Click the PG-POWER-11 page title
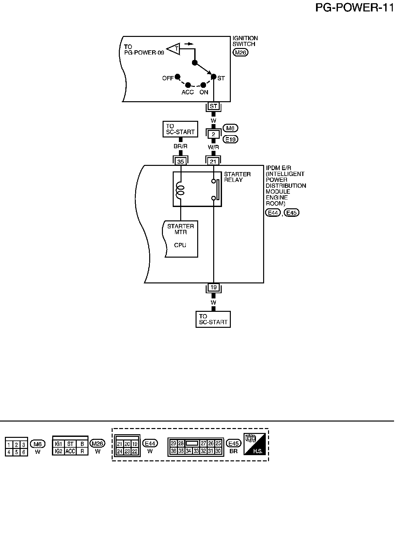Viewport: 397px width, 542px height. pos(355,8)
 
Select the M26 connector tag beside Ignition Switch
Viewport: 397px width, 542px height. pos(241,53)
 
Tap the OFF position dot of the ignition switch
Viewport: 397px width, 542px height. pos(178,77)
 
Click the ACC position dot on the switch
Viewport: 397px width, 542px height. pos(188,85)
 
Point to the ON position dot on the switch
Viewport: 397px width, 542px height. pos(203,85)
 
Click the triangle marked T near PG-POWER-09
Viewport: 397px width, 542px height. pos(174,49)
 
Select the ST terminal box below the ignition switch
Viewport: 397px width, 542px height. pos(214,106)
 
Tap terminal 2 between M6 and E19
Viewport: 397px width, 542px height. pos(214,134)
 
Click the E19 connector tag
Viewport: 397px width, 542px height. pos(230,139)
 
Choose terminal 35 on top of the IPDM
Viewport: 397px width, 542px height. pos(181,162)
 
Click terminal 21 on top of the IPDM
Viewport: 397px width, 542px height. pos(213,162)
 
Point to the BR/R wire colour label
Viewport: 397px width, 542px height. pos(181,146)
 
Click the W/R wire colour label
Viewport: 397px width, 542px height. pos(214,147)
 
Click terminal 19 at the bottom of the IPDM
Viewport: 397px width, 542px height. pos(214,287)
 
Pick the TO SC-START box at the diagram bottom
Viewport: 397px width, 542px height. pos(213,319)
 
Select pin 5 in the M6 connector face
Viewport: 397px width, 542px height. pos(16,452)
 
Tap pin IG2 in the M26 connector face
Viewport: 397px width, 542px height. pos(58,451)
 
